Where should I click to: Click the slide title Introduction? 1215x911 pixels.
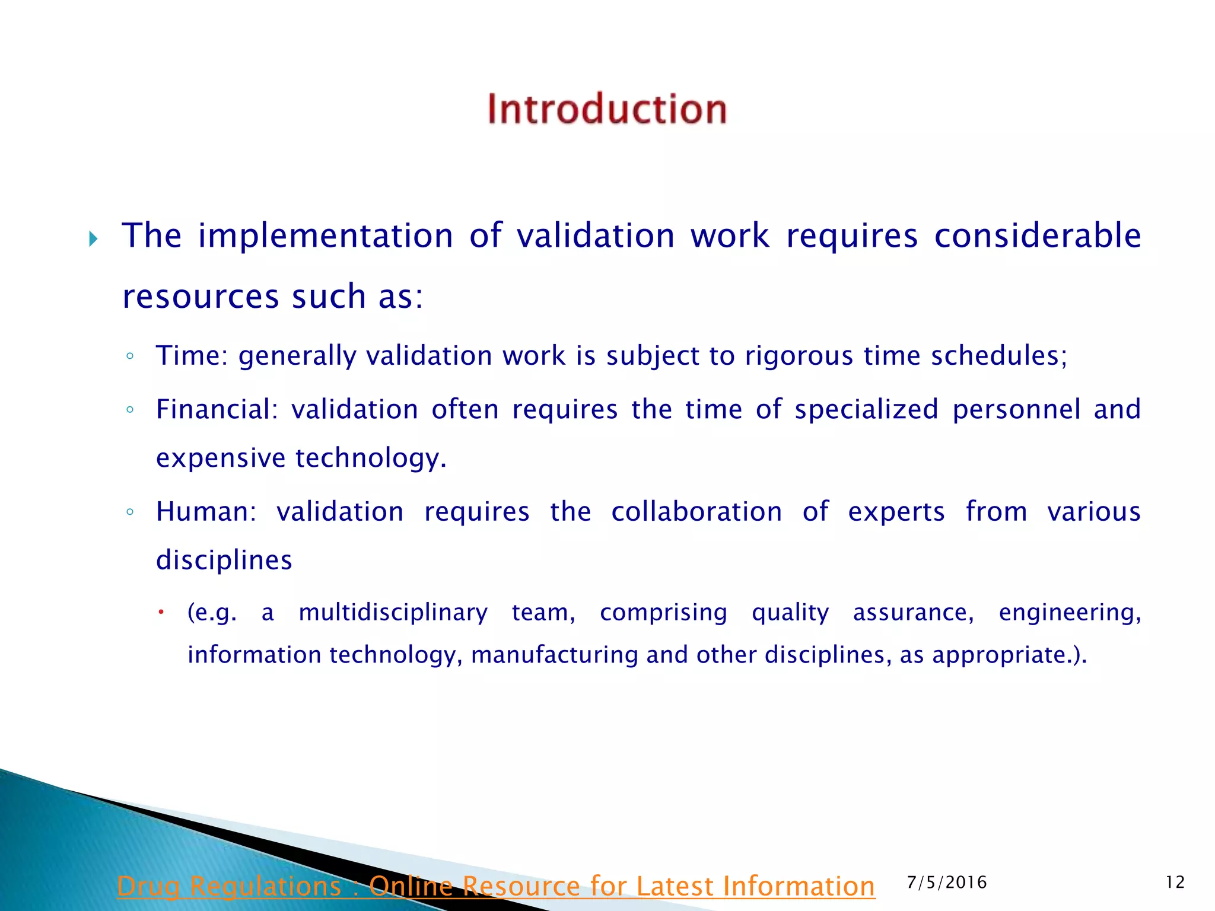point(607,109)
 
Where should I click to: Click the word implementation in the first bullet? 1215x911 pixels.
point(326,236)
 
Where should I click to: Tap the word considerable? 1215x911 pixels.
point(1037,235)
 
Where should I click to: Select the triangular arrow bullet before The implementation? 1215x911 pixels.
point(93,239)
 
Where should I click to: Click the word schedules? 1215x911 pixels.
point(998,356)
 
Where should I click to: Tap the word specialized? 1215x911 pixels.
point(866,409)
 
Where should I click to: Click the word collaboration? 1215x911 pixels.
point(696,511)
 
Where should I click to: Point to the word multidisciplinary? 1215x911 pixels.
point(393,613)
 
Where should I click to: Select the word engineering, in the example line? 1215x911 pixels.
point(1070,613)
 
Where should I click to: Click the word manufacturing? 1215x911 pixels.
point(554,655)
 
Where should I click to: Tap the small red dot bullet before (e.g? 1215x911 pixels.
point(161,611)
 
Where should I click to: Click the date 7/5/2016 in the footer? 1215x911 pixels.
point(947,883)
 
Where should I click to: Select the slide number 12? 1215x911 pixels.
point(1175,883)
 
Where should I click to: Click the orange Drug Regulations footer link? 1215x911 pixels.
point(495,886)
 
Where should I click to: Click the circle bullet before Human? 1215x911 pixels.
point(130,512)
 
